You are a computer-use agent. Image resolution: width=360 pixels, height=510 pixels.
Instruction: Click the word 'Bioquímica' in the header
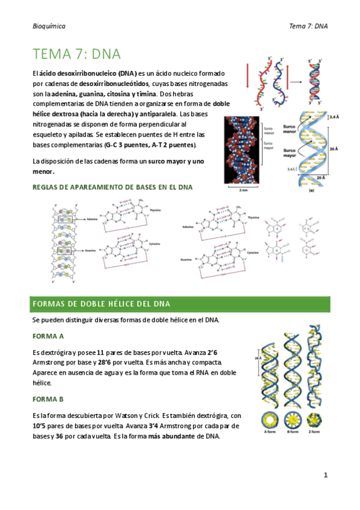coord(49,26)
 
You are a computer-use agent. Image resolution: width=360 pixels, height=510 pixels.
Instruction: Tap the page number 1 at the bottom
coord(325,475)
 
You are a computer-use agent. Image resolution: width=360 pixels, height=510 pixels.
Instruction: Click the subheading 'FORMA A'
coord(48,336)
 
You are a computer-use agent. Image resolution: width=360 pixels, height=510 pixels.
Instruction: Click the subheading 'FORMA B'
coord(48,399)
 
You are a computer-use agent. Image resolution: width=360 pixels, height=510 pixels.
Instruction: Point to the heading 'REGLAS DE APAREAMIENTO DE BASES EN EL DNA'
coord(112,187)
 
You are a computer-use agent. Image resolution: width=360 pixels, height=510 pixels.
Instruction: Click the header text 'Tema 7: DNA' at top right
coord(308,26)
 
